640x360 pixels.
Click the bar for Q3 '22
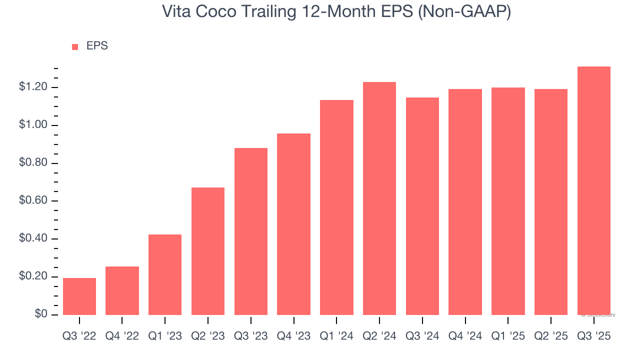(x=79, y=296)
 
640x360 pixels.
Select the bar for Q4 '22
(x=122, y=290)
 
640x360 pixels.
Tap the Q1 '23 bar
(x=165, y=274)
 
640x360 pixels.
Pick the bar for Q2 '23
(x=208, y=251)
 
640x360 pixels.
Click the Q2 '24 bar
(x=379, y=198)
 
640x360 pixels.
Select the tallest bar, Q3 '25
(x=594, y=190)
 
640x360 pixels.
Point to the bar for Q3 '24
(x=422, y=206)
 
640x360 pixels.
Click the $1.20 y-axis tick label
(x=33, y=87)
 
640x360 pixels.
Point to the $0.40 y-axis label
(x=33, y=238)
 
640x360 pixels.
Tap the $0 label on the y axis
(x=41, y=314)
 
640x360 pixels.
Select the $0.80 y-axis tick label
(x=33, y=163)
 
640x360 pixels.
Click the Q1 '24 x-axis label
(x=336, y=336)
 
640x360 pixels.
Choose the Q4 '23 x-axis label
(x=293, y=336)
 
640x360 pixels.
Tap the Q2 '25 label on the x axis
(x=551, y=336)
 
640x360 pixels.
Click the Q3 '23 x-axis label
(x=250, y=336)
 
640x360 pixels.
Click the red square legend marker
(x=75, y=47)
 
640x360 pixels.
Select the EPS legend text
(x=97, y=46)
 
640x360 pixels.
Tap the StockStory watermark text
(x=598, y=315)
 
